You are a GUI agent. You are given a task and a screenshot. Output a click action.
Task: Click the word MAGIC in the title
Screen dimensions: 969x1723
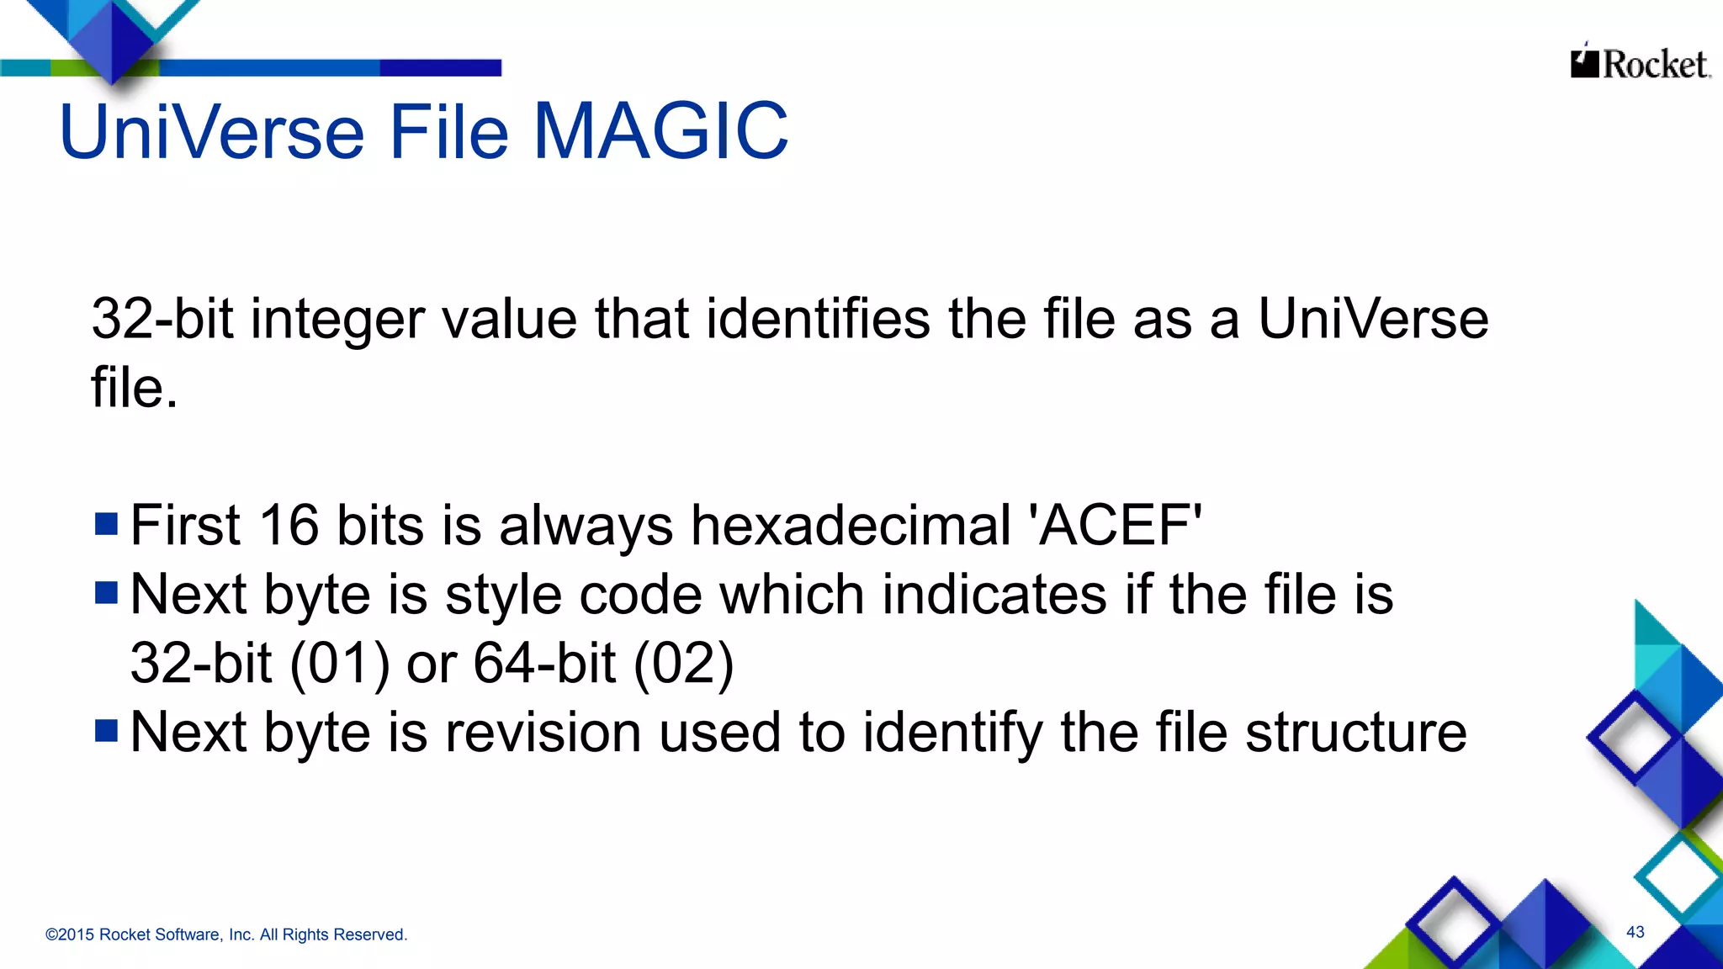tap(661, 131)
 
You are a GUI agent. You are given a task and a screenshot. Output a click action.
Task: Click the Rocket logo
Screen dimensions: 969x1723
tap(1640, 63)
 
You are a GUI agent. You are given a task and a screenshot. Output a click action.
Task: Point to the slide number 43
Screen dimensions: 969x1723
tap(1636, 932)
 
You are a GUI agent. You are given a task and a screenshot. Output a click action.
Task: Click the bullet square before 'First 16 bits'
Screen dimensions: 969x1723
tap(107, 524)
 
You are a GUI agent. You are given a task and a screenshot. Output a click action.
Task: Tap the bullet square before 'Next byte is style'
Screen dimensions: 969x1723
tap(107, 593)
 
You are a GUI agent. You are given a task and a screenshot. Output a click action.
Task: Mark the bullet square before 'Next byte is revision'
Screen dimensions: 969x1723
tap(107, 730)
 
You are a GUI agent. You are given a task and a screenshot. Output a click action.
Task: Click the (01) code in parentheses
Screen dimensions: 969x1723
tap(340, 663)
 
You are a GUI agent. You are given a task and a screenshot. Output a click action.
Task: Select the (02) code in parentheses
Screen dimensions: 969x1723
tap(683, 663)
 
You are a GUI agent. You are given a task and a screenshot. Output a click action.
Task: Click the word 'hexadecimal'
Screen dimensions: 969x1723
tap(851, 526)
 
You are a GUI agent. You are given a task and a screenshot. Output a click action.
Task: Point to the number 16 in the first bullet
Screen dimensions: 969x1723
tap(289, 526)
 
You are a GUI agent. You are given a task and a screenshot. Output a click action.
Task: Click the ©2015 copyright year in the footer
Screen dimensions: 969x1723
tap(69, 935)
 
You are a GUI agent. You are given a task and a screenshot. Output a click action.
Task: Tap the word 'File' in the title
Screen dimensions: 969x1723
tap(449, 131)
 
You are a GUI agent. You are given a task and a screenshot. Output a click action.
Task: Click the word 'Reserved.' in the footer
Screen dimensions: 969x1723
tap(372, 935)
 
